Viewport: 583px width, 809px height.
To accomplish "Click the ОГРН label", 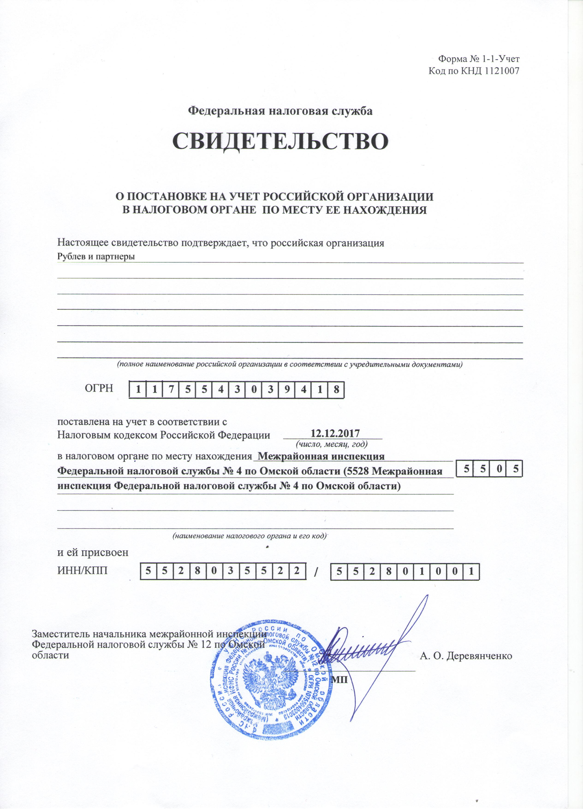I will (x=99, y=388).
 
